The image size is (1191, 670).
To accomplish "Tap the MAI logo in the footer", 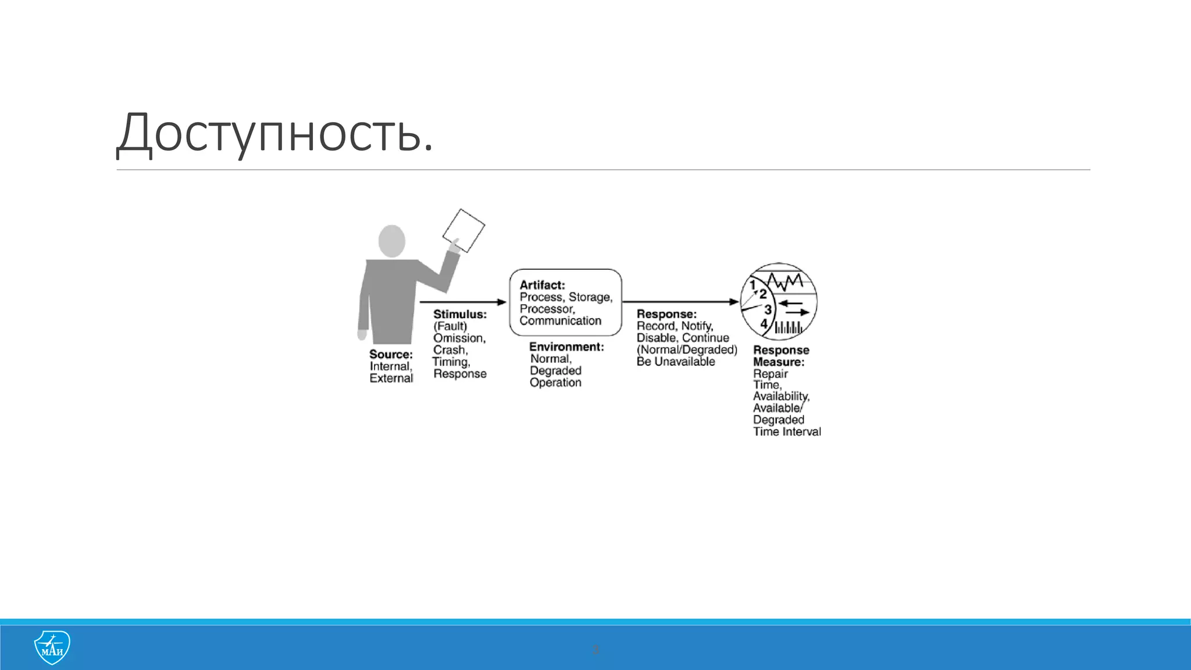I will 52,647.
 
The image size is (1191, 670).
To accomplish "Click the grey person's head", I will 392,240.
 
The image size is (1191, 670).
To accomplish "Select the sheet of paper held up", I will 464,230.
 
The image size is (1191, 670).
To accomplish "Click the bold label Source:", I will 391,354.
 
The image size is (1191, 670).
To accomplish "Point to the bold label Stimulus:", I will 459,314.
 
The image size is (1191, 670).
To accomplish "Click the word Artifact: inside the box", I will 542,285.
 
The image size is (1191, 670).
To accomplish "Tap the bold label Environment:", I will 566,347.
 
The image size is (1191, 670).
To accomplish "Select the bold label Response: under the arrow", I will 666,314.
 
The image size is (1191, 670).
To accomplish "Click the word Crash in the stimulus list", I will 449,350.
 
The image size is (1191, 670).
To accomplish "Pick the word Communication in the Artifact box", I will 561,320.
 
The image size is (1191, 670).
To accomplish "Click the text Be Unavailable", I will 676,362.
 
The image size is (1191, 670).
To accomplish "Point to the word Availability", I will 780,396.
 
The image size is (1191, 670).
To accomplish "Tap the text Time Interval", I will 787,432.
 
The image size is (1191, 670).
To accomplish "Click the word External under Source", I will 391,378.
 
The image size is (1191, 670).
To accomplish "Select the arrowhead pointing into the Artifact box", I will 502,302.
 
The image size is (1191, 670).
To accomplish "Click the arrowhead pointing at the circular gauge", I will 734,302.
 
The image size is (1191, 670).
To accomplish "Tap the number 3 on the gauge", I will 768,309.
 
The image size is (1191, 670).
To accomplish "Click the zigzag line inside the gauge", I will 785,282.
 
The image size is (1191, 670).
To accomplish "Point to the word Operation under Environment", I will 555,383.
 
